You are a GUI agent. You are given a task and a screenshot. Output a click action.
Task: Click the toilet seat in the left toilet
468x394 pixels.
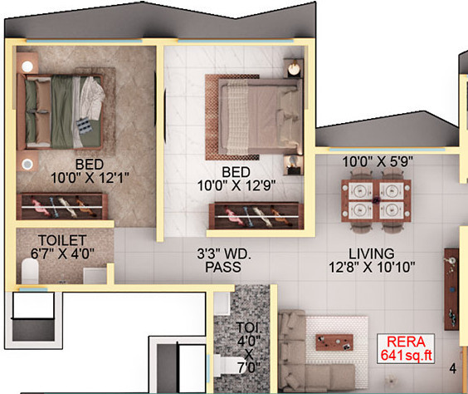tap(30, 268)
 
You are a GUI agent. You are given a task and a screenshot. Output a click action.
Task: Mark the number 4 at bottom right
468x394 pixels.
tap(453, 367)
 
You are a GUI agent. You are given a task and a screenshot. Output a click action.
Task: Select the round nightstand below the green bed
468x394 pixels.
tap(27, 163)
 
